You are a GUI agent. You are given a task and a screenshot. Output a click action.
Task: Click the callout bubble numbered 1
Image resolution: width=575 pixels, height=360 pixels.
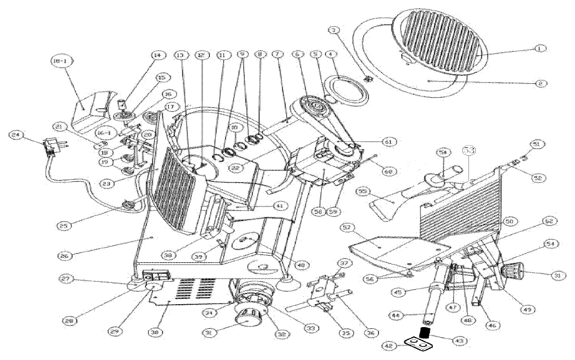(x=539, y=49)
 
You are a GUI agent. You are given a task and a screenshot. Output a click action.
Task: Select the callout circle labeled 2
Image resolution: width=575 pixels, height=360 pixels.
(x=540, y=83)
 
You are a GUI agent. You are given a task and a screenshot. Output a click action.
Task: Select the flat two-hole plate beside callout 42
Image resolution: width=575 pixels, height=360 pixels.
(x=419, y=346)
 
